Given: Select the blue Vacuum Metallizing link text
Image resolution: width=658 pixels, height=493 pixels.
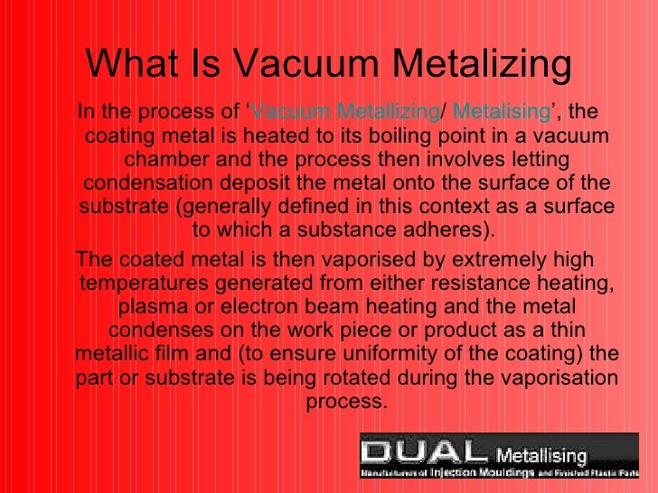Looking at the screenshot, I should pos(344,112).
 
